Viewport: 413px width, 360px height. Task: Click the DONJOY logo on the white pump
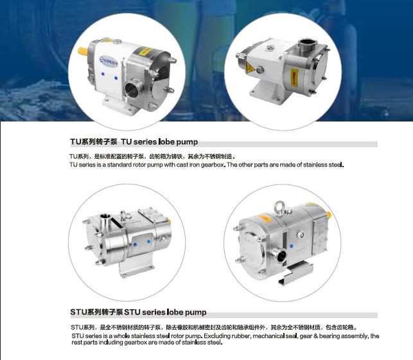(x=109, y=61)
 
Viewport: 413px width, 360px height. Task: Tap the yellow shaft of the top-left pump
(x=83, y=51)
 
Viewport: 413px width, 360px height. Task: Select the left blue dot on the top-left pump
(x=103, y=74)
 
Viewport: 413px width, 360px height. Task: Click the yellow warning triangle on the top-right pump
(x=250, y=69)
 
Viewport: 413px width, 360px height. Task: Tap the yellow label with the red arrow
(x=294, y=78)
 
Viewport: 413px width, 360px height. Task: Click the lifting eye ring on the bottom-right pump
(x=279, y=206)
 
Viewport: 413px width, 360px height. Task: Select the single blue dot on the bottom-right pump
(x=292, y=246)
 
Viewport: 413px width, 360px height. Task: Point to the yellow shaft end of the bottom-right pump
(x=329, y=215)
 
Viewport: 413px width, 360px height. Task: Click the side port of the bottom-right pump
(x=280, y=255)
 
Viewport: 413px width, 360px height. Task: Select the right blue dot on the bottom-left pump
(x=148, y=242)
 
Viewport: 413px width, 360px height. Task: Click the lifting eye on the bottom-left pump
(x=123, y=216)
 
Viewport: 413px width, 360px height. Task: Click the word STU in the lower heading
(x=78, y=312)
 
